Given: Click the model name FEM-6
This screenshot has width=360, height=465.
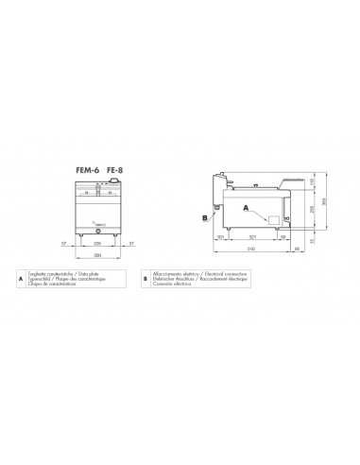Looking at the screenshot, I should coord(87,170).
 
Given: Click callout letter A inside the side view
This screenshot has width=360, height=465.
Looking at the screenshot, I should coord(245,206).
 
